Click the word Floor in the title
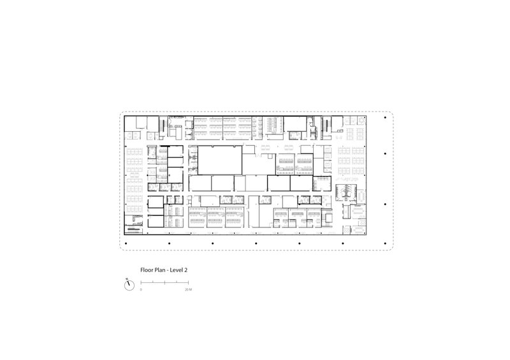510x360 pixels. [x=147, y=270]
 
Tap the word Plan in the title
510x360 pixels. [x=159, y=270]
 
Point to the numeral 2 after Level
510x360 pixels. [x=186, y=270]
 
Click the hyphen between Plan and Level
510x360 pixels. [x=168, y=271]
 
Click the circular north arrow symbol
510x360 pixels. [x=129, y=285]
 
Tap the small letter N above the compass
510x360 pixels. [x=127, y=278]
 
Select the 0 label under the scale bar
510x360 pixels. [x=141, y=289]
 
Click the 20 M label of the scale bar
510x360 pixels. [x=188, y=289]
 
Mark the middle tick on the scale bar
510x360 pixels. [x=164, y=283]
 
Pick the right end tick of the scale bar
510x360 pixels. [x=188, y=283]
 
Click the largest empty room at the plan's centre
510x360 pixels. [x=220, y=161]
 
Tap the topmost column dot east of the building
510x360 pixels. [x=386, y=117]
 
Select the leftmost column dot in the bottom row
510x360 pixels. [x=126, y=243]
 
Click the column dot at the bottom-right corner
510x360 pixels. [x=386, y=243]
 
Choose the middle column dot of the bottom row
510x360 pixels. [x=256, y=243]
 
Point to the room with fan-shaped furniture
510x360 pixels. [x=346, y=192]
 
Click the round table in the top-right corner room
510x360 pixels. [x=361, y=120]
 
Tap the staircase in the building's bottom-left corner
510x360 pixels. [x=133, y=229]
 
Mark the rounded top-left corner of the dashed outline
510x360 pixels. [x=122, y=113]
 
